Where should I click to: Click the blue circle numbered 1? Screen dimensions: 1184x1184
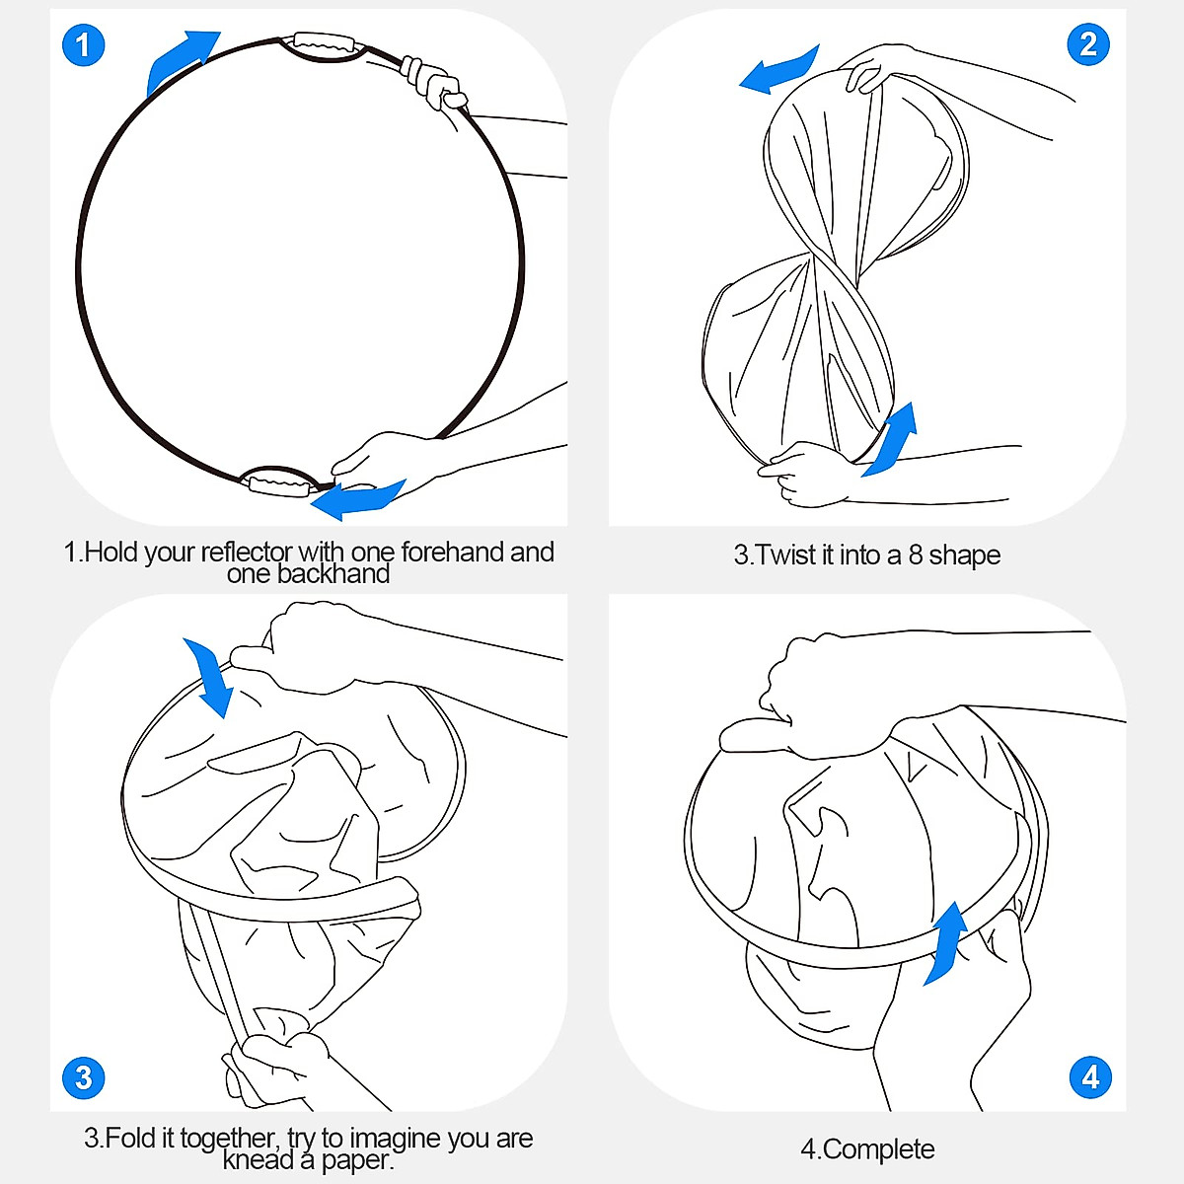84,44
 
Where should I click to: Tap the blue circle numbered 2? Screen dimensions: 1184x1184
1088,44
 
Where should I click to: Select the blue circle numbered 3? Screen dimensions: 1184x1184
84,1077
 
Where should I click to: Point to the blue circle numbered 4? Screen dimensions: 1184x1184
1090,1077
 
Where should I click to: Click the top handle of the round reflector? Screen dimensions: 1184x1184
324,45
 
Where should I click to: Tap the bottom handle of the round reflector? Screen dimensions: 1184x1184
280,482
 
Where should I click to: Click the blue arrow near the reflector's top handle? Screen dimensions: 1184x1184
180,60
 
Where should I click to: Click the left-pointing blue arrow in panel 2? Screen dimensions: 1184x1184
778,71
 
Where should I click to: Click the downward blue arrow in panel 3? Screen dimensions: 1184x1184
210,677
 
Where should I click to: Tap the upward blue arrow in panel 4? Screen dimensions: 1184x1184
946,942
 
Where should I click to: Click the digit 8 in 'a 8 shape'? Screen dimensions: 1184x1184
916,555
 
